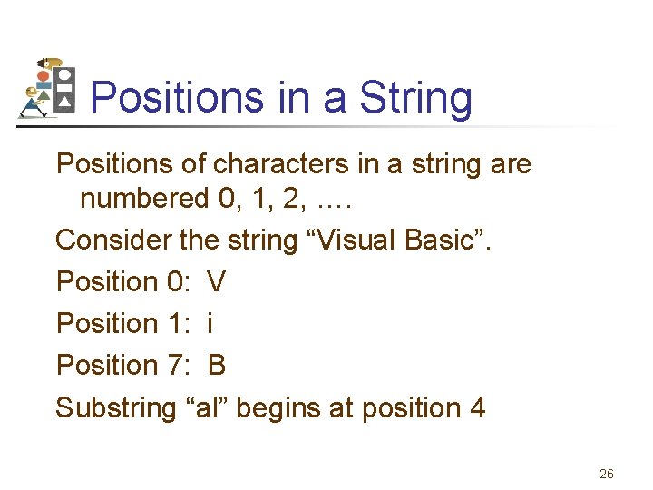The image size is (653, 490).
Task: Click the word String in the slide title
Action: [x=416, y=97]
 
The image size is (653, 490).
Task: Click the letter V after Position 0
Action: [x=217, y=282]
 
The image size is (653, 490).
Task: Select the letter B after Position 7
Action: [x=217, y=365]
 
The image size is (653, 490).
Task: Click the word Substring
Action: [x=115, y=407]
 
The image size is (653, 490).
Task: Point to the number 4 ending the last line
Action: [x=477, y=407]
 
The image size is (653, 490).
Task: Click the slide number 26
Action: [x=607, y=474]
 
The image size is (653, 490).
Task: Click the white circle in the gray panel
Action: [x=64, y=74]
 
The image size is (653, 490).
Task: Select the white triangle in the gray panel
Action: [x=64, y=103]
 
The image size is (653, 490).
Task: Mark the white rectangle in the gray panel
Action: [x=64, y=88]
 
